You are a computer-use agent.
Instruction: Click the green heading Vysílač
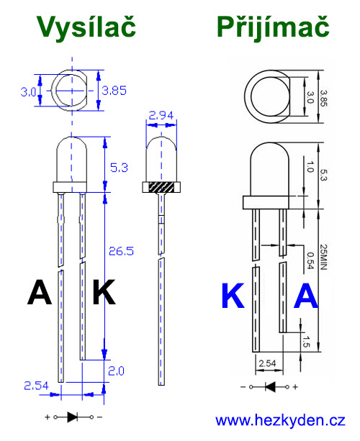(x=86, y=27)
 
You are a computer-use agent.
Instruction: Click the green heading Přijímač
(x=273, y=27)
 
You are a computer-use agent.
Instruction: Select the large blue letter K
(x=233, y=296)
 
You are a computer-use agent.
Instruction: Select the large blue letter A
(x=307, y=296)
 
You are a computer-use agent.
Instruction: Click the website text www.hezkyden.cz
(x=280, y=420)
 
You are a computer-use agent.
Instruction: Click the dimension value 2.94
(x=162, y=115)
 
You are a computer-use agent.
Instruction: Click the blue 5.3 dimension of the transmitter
(x=120, y=168)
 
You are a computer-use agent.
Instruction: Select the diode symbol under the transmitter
(x=72, y=417)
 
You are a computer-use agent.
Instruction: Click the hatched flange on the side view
(x=162, y=188)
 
